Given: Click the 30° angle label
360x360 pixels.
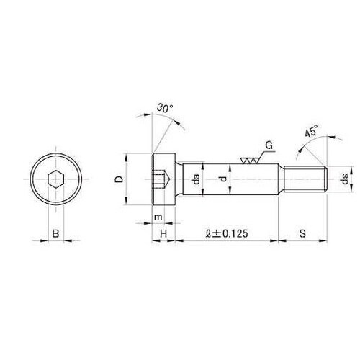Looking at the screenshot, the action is pyautogui.click(x=165, y=108).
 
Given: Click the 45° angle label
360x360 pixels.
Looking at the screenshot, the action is pyautogui.click(x=311, y=130).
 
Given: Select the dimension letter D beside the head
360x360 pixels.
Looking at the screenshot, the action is pyautogui.click(x=119, y=179).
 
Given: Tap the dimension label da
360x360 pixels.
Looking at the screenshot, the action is pyautogui.click(x=197, y=179).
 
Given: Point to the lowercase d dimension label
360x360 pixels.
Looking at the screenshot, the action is pyautogui.click(x=224, y=179).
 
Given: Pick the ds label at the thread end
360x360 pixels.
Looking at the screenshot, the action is pyautogui.click(x=345, y=179).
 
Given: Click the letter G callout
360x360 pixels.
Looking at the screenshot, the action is pyautogui.click(x=269, y=145).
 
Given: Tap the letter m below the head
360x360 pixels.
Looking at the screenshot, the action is pyautogui.click(x=158, y=217).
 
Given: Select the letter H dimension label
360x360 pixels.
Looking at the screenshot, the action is pyautogui.click(x=163, y=233).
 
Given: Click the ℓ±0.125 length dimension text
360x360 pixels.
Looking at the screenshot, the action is pyautogui.click(x=227, y=233).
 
